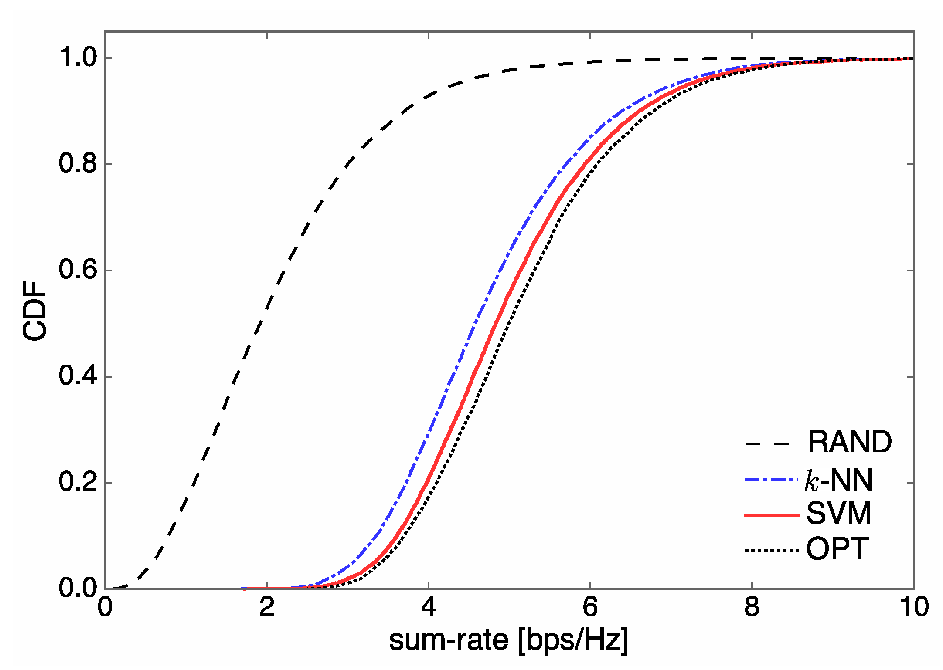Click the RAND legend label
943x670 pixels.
(850, 442)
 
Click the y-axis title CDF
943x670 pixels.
(35, 311)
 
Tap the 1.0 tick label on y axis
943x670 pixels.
(78, 58)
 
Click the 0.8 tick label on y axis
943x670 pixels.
(78, 164)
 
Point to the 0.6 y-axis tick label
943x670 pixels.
(78, 270)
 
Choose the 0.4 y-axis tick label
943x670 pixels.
(78, 376)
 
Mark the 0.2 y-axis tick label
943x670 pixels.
(78, 482)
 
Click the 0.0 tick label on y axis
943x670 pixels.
(78, 588)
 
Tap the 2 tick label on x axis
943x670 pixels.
(267, 607)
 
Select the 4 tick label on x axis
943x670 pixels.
(429, 607)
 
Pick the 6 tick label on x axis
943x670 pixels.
(590, 607)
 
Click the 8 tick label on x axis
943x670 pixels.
(752, 607)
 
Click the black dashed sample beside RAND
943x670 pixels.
(767, 444)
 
